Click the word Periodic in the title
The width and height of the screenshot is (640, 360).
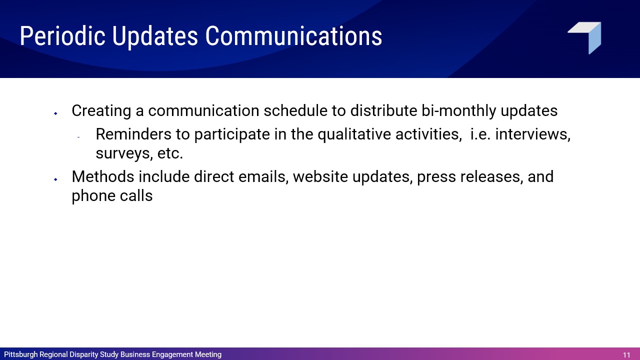pyautogui.click(x=62, y=36)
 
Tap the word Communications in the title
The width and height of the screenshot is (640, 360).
pyautogui.click(x=293, y=36)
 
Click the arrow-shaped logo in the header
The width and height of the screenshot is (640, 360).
pyautogui.click(x=584, y=38)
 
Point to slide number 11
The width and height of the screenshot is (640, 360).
pyautogui.click(x=626, y=355)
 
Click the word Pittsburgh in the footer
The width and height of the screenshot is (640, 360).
pyautogui.click(x=21, y=354)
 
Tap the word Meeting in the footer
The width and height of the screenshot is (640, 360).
pyautogui.click(x=208, y=354)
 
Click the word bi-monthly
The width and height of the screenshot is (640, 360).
pyautogui.click(x=459, y=111)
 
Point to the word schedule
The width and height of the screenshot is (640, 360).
pyautogui.click(x=295, y=110)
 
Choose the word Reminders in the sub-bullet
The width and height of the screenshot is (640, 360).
pyautogui.click(x=133, y=134)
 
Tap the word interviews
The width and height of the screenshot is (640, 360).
pyautogui.click(x=533, y=134)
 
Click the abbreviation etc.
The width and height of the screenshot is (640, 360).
pyautogui.click(x=170, y=153)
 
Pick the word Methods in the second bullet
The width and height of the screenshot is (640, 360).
pyautogui.click(x=103, y=176)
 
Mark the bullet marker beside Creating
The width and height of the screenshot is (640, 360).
pyautogui.click(x=55, y=113)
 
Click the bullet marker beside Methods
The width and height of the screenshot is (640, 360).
pyautogui.click(x=55, y=179)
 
